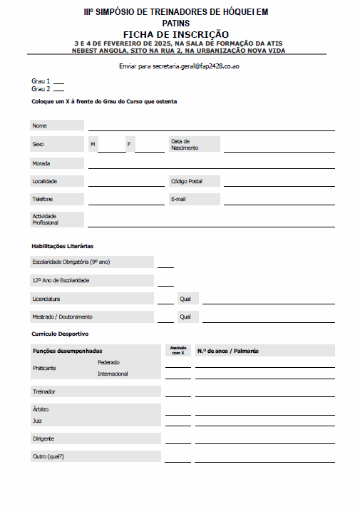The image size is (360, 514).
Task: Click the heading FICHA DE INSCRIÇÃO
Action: pyautogui.click(x=176, y=34)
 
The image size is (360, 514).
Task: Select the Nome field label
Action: pyautogui.click(x=39, y=125)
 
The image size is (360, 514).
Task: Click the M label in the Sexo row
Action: pyautogui.click(x=93, y=144)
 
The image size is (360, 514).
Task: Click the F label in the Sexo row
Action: pyautogui.click(x=129, y=144)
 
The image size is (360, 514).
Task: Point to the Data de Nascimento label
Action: pyautogui.click(x=185, y=144)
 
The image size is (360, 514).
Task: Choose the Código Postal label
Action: pyautogui.click(x=187, y=181)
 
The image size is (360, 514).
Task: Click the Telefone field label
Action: pyautogui.click(x=42, y=199)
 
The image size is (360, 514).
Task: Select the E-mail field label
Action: pyautogui.click(x=178, y=199)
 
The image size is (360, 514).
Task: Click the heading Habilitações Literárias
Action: pyautogui.click(x=63, y=246)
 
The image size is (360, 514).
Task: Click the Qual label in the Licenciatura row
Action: pyautogui.click(x=185, y=299)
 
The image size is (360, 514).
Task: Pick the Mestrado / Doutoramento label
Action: pyautogui.click(x=62, y=317)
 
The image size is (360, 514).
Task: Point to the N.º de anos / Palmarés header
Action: pyautogui.click(x=228, y=351)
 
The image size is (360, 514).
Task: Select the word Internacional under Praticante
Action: pyautogui.click(x=113, y=374)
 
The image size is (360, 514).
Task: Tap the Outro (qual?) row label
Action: pyautogui.click(x=48, y=456)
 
